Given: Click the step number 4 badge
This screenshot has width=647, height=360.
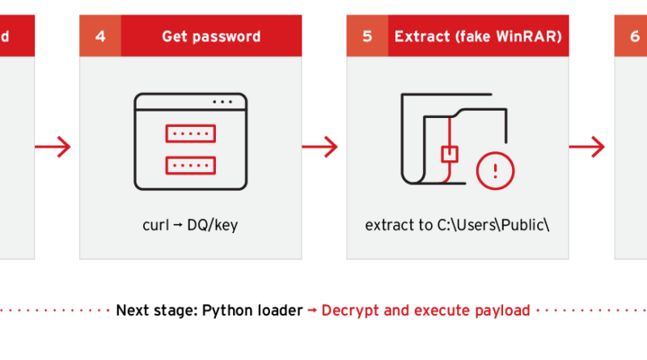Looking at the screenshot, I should pos(100,36).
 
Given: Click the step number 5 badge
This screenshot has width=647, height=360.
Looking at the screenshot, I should pos(367,36).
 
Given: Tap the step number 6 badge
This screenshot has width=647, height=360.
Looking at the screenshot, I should pos(634,36).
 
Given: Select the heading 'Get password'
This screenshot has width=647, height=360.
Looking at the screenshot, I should pos(210,36).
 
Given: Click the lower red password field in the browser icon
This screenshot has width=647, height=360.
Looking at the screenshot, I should pos(190,164).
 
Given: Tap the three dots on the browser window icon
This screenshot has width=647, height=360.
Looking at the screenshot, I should pos(224,102).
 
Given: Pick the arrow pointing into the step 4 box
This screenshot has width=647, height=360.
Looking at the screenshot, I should pos(53,147).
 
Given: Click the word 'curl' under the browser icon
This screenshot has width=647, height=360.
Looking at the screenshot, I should pos(155,225).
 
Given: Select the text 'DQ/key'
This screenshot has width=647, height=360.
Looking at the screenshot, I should pos(212,225).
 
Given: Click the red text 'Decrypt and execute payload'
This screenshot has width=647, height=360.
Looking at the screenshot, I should pos(425,311).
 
